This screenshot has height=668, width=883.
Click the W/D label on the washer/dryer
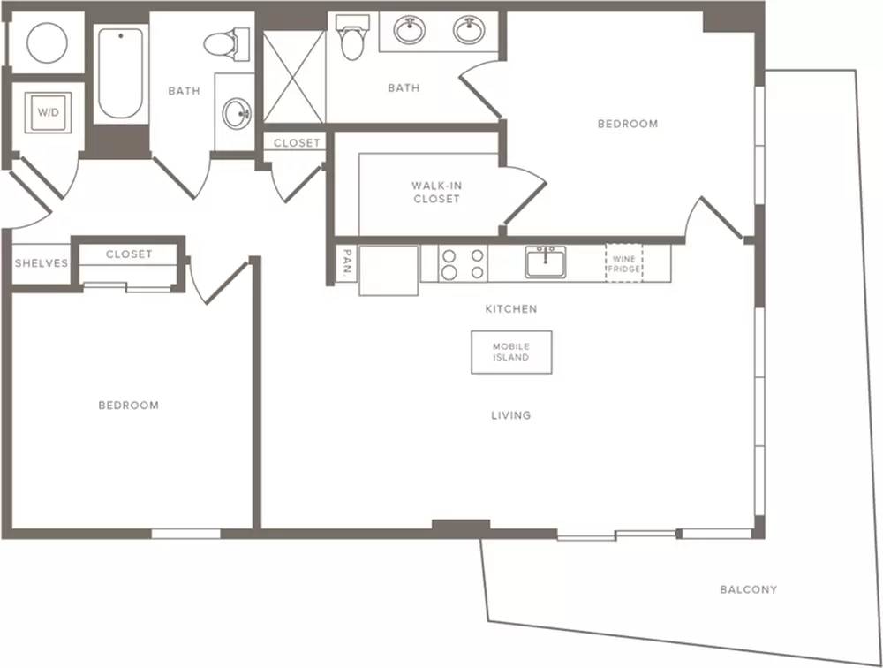pyautogui.click(x=48, y=112)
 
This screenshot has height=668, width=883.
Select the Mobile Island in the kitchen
pyautogui.click(x=511, y=352)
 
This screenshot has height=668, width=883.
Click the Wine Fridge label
pyautogui.click(x=624, y=264)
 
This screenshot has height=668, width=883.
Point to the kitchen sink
pyautogui.click(x=546, y=262)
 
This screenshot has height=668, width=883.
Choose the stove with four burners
pyautogui.click(x=463, y=263)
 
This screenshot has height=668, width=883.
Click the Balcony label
pyautogui.click(x=749, y=589)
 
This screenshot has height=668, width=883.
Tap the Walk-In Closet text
pyautogui.click(x=436, y=193)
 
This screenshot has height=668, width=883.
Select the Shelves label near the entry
pyautogui.click(x=42, y=263)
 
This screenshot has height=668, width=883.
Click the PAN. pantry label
pyautogui.click(x=347, y=262)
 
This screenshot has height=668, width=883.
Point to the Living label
pyautogui.click(x=510, y=415)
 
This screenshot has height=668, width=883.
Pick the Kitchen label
pyautogui.click(x=511, y=309)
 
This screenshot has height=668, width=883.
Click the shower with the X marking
pyautogui.click(x=294, y=77)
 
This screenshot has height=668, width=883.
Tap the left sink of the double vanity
pyautogui.click(x=410, y=29)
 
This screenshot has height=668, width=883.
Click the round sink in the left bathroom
pyautogui.click(x=237, y=113)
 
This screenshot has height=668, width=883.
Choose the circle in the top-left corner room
pyautogui.click(x=48, y=42)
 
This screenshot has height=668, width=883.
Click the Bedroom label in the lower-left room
pyautogui.click(x=128, y=406)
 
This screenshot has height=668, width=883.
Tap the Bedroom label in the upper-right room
pyautogui.click(x=628, y=124)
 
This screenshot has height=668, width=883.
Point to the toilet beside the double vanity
pyautogui.click(x=352, y=37)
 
